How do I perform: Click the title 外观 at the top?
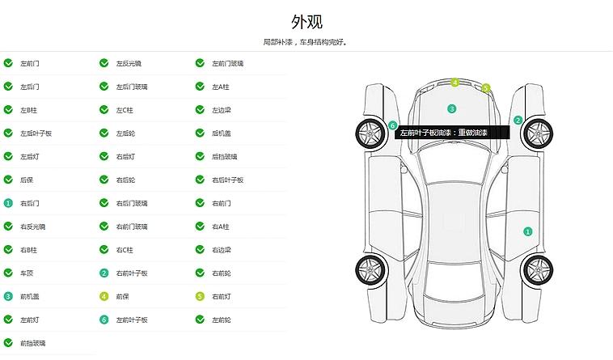click(306, 21)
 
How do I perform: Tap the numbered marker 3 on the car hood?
click(452, 108)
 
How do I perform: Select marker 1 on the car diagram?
click(528, 231)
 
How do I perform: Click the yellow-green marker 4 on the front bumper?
click(454, 83)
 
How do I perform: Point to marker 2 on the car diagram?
click(518, 121)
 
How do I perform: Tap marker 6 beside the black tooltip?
click(393, 125)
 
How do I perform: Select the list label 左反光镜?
click(128, 63)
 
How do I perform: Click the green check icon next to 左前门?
click(8, 63)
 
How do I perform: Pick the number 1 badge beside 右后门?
click(8, 203)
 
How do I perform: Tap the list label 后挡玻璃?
click(224, 156)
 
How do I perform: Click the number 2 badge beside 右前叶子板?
click(104, 273)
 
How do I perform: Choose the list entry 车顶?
click(27, 273)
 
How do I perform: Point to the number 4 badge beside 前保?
click(104, 297)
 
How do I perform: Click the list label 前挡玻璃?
click(32, 344)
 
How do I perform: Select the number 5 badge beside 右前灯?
click(200, 297)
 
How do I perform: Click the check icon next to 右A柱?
click(200, 227)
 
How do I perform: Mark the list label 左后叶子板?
click(36, 133)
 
